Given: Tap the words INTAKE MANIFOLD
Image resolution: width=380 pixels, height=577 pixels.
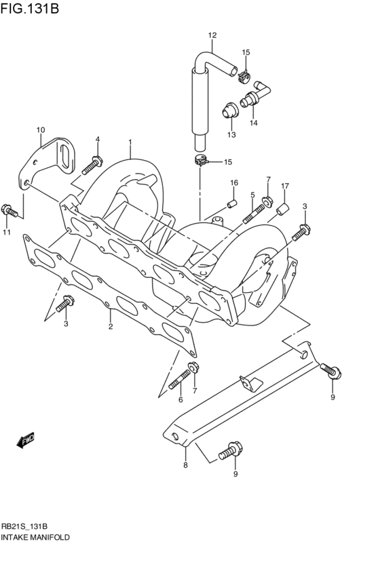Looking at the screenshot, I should (35, 536).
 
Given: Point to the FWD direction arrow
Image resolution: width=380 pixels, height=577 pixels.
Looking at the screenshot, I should (26, 441).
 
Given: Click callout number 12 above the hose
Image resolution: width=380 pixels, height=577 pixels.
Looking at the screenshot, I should (212, 35).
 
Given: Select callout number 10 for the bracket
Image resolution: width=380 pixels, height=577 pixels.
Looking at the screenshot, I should (41, 130).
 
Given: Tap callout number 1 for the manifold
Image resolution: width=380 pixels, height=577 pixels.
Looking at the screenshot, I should (130, 142).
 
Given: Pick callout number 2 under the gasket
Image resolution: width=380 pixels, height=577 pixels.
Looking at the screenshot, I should (110, 327).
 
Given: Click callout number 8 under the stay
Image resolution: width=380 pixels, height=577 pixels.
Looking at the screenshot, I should (185, 465).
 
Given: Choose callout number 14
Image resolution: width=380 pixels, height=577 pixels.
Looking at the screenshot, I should (253, 123).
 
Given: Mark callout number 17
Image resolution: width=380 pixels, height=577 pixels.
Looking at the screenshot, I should (285, 186).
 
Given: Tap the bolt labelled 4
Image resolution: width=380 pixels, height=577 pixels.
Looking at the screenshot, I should (92, 163).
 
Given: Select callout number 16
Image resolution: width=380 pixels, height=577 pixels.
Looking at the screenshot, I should (233, 183).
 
